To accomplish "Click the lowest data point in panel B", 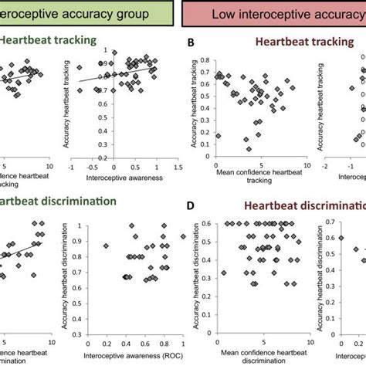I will (248, 148).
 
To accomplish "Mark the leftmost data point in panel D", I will (224, 273).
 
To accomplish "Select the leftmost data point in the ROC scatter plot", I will (107, 246).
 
